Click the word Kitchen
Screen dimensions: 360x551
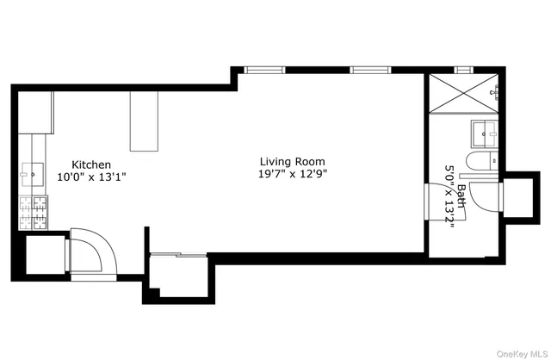pos(90,164)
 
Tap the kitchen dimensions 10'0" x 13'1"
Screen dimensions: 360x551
pos(91,177)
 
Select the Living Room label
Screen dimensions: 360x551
pos(294,161)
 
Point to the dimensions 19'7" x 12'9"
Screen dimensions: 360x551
pos(294,174)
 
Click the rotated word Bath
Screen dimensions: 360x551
pos(461,196)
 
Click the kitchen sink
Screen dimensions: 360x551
pos(32,172)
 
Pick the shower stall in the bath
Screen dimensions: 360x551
pos(463,96)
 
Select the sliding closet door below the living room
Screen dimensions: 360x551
pos(178,254)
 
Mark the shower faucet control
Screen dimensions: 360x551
pos(493,90)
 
